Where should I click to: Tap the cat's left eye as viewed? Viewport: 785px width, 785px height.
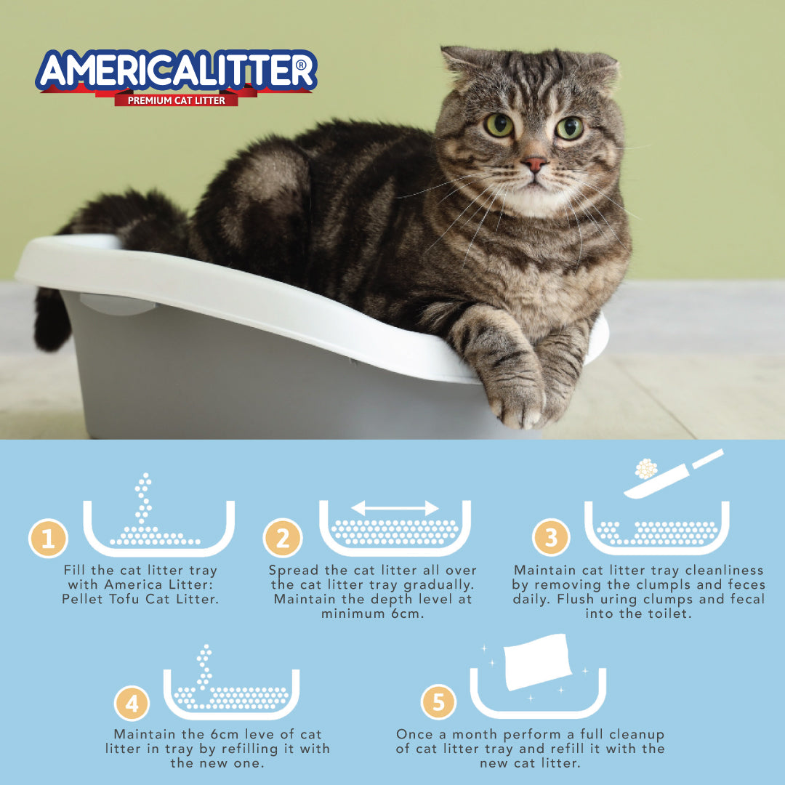pos(499,125)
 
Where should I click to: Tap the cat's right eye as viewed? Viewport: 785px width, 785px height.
pos(570,128)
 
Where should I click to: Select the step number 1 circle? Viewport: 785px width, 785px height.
pos(48,538)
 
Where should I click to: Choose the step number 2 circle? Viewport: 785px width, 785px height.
pos(282,538)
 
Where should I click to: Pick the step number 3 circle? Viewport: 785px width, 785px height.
pos(551,537)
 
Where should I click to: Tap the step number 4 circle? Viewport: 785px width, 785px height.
pos(132,703)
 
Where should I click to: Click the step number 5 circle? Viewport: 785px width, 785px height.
pos(438,702)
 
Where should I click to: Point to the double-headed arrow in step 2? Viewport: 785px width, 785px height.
pos(395,508)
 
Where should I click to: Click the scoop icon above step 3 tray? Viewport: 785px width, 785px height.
pos(674,474)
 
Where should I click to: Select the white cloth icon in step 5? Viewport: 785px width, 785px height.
pos(537,661)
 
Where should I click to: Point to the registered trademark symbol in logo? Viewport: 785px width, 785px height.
pos(301,65)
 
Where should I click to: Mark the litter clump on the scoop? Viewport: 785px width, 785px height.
pos(646,469)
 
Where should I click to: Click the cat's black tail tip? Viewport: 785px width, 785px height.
pos(50,326)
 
